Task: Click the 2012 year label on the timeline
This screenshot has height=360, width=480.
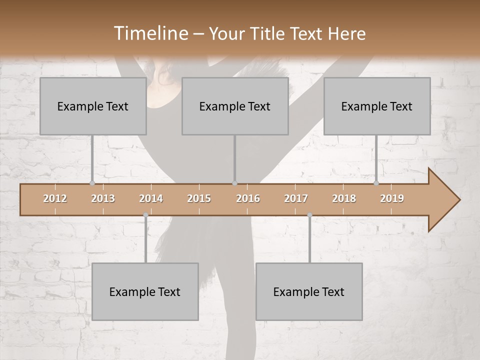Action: pos(55,198)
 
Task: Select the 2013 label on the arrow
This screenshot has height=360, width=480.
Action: pos(103,198)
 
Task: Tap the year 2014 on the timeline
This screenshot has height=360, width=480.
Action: pos(151,198)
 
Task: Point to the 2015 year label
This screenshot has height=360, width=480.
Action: pos(199,198)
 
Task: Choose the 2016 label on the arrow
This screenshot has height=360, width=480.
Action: pos(248,198)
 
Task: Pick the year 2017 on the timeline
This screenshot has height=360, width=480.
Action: pos(296,198)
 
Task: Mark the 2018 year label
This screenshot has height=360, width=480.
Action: pos(344,198)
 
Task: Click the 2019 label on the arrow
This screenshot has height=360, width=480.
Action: pos(392,198)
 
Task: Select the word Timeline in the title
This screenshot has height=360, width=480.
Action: pos(150,33)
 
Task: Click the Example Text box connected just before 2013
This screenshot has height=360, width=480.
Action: pos(93,106)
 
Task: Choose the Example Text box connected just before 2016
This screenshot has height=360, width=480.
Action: pos(235,106)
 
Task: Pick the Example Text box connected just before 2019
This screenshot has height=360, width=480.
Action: pos(377,106)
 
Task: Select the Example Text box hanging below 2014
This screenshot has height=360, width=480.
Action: pos(145,291)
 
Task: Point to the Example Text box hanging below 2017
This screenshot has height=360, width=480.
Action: pos(309,291)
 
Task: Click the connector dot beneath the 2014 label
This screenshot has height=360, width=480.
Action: pos(145,215)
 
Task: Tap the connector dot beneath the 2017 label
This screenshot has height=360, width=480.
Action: pos(309,215)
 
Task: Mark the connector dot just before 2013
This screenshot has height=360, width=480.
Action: pos(92,183)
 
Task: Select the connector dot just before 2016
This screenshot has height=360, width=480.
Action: pos(234,183)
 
